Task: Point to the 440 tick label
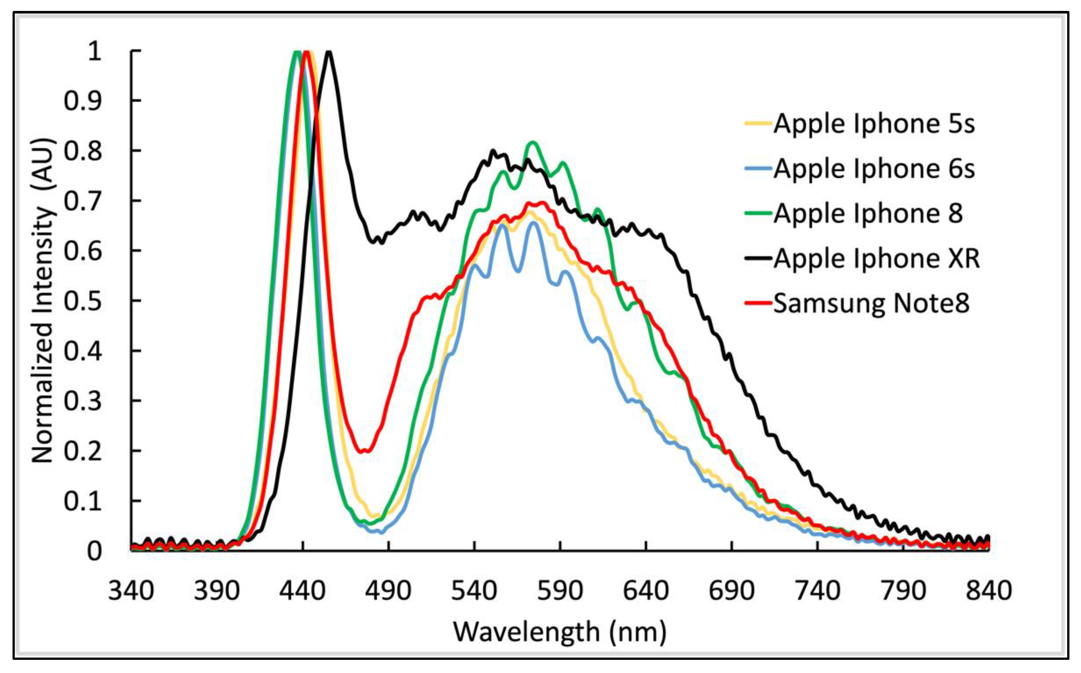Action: pyautogui.click(x=303, y=591)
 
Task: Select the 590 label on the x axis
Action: pyautogui.click(x=560, y=591)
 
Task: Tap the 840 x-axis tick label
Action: pyautogui.click(x=989, y=591)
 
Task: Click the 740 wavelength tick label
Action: pyautogui.click(x=818, y=591)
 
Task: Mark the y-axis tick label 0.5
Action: pyautogui.click(x=83, y=301)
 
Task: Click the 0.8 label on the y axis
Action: pyautogui.click(x=83, y=151)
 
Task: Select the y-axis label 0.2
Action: pyautogui.click(x=83, y=451)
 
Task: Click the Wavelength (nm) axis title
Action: pyautogui.click(x=560, y=632)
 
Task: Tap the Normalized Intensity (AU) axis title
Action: pyautogui.click(x=43, y=301)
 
